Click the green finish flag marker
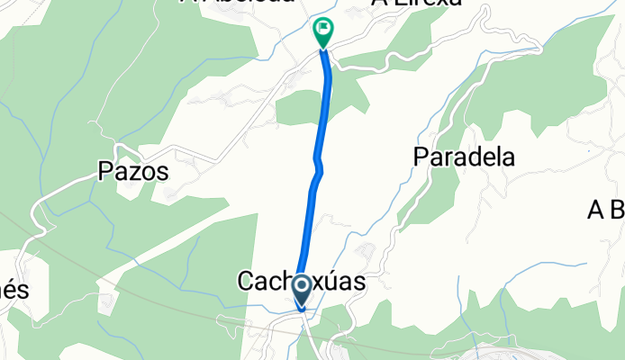pos(322,31)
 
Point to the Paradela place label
pos(464,157)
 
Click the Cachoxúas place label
pos(301,282)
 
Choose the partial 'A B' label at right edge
pos(605,211)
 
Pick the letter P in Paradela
pos(421,157)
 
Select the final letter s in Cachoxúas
pos(359,282)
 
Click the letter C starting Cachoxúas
pos(244,282)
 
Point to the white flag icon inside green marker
pos(322,30)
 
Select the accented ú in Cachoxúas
pos(331,282)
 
